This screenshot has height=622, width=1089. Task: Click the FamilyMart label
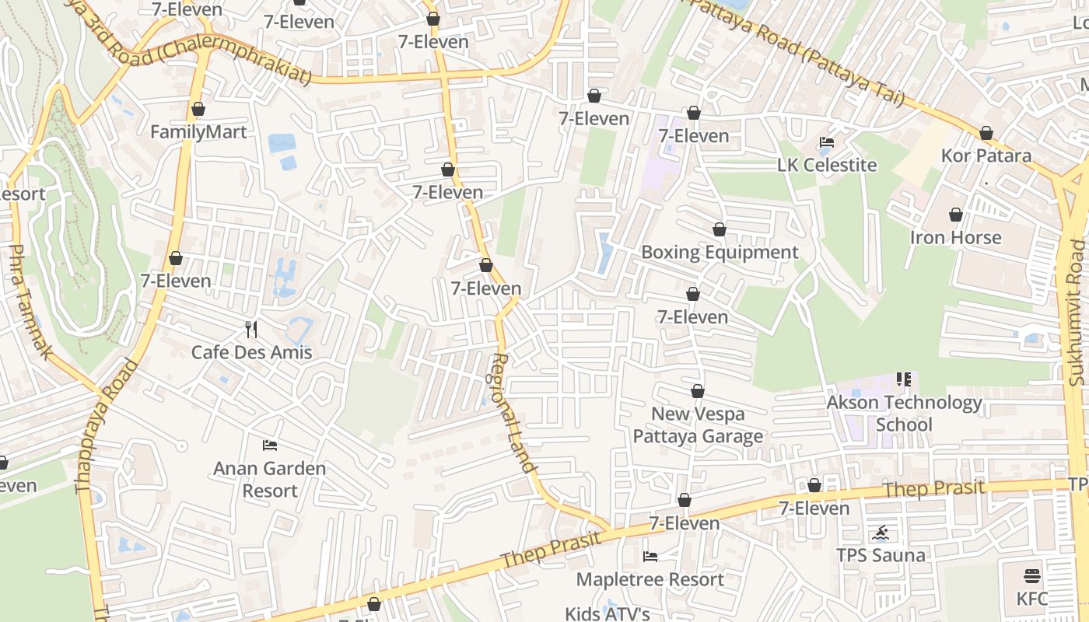(198, 132)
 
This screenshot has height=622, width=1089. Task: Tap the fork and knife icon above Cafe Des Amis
(251, 330)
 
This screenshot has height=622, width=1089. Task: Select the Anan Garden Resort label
(269, 480)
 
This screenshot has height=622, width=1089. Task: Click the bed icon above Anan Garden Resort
(270, 446)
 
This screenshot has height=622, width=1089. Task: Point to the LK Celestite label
(827, 165)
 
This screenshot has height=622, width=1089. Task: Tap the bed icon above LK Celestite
(827, 142)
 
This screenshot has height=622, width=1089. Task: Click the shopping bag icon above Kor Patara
(986, 133)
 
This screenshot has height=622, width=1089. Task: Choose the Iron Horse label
(955, 237)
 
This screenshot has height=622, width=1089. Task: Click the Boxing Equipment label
(720, 253)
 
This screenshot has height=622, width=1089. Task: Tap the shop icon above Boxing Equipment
(720, 229)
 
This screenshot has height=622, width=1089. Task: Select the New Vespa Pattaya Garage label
(698, 425)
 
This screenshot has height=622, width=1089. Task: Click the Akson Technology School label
(904, 414)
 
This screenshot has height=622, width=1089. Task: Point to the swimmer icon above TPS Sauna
(881, 533)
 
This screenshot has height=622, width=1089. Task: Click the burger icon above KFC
(1032, 576)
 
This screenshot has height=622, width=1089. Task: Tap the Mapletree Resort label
(650, 579)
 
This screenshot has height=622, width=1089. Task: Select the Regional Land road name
(513, 414)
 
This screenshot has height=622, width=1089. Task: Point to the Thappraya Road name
(106, 425)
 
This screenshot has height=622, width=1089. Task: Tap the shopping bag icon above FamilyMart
(198, 109)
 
